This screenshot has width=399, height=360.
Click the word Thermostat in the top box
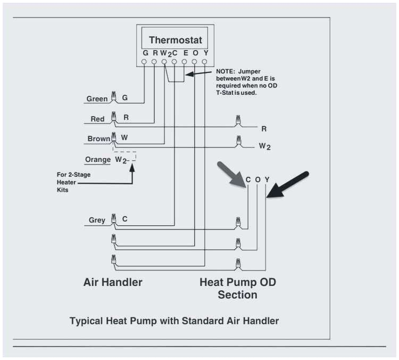pyautogui.click(x=175, y=40)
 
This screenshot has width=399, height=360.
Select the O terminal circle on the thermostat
pyautogui.click(x=195, y=62)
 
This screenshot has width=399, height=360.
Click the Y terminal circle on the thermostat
pyautogui.click(x=205, y=62)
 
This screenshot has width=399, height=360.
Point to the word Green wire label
pyautogui.click(x=97, y=99)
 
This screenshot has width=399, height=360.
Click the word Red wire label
pyautogui.click(x=97, y=119)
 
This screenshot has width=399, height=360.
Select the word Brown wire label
pyautogui.click(x=99, y=139)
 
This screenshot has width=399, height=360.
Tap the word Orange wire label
pyautogui.click(x=98, y=160)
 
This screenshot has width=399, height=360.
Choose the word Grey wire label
pyautogui.click(x=97, y=220)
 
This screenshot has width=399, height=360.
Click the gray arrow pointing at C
pyautogui.click(x=230, y=174)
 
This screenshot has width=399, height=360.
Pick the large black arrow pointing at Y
pyautogui.click(x=288, y=185)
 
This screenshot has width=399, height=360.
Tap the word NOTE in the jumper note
pyautogui.click(x=226, y=71)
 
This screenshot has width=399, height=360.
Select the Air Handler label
pyautogui.click(x=113, y=282)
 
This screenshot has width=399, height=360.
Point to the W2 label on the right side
pyautogui.click(x=264, y=146)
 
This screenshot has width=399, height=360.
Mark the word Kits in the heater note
pyautogui.click(x=63, y=190)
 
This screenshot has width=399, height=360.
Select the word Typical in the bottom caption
pyautogui.click(x=87, y=321)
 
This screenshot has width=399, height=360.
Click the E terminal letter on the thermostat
pyautogui.click(x=185, y=53)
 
